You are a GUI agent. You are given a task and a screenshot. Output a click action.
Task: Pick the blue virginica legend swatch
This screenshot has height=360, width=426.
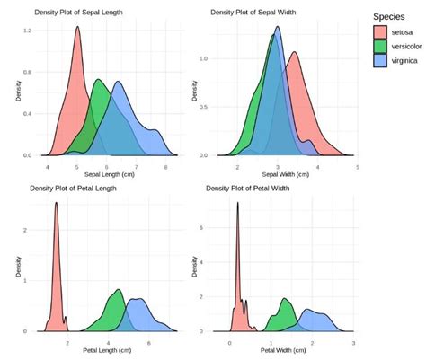click(x=383, y=59)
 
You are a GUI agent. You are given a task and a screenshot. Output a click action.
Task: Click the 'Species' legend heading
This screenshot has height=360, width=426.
click(x=393, y=15)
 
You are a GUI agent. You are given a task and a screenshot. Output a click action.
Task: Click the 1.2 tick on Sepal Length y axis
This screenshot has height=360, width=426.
click(x=28, y=31)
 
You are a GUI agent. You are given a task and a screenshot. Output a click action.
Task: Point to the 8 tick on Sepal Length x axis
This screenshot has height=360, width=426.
click(x=164, y=167)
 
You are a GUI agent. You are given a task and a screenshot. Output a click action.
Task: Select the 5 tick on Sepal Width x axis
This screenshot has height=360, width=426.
click(x=357, y=167)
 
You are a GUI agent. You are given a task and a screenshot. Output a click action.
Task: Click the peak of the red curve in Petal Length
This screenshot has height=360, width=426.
click(x=57, y=203)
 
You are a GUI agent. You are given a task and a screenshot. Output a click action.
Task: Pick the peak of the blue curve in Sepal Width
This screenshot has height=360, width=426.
click(x=278, y=27)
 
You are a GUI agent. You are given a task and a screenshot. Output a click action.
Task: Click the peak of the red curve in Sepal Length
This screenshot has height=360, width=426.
click(x=77, y=27)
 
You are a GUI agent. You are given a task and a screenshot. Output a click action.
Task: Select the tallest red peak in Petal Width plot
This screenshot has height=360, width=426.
click(x=238, y=203)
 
